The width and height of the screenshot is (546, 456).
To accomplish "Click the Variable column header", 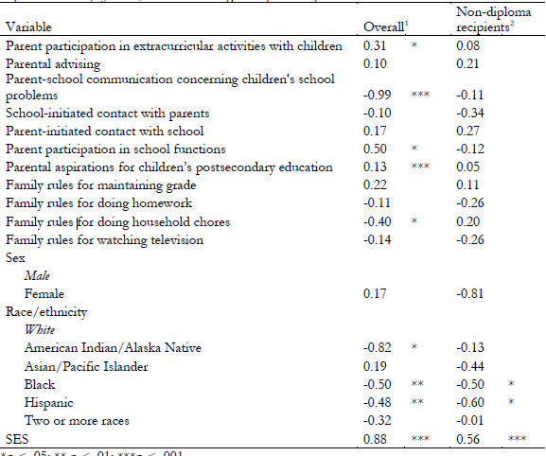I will [x=29, y=27].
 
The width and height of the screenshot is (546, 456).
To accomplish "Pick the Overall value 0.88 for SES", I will [x=376, y=437].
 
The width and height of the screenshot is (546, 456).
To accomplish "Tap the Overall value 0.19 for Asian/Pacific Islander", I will [x=376, y=366].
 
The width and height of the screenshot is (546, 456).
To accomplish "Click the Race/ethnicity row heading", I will [x=44, y=311].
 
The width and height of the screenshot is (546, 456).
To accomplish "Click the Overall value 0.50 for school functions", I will [x=376, y=149].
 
